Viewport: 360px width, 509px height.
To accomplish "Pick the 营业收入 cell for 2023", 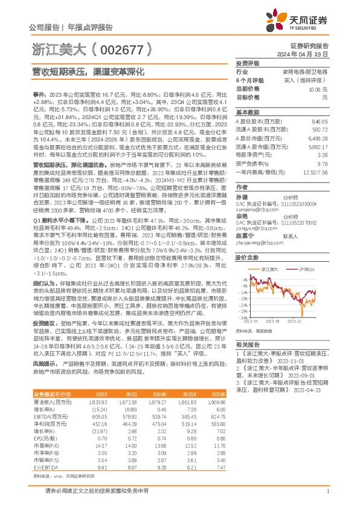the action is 143,401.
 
